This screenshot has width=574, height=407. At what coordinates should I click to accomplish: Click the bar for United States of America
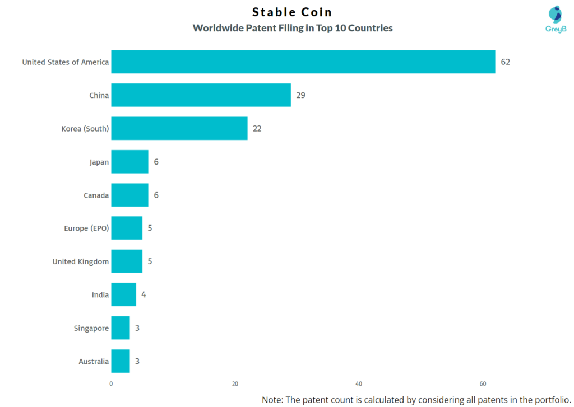(x=303, y=62)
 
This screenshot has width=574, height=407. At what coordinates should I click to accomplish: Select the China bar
(x=201, y=95)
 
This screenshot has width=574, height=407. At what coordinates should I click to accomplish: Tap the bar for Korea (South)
(x=179, y=128)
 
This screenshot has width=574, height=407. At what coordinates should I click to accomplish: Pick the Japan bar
(x=129, y=162)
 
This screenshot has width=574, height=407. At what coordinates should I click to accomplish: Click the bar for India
(x=123, y=294)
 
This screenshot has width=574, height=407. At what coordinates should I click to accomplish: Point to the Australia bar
(x=120, y=361)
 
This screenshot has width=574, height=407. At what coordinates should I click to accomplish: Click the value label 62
(x=505, y=62)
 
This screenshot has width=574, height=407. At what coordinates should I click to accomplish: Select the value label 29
(x=300, y=95)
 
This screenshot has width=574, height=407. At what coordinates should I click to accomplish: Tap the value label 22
(x=257, y=128)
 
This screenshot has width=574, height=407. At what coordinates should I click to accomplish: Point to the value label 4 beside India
(x=143, y=294)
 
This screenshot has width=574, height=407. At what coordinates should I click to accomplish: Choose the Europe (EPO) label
(x=86, y=228)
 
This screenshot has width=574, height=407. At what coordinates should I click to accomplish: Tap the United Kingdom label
(x=81, y=261)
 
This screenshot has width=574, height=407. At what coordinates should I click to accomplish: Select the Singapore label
(x=91, y=328)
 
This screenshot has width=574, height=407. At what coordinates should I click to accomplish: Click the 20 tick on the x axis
(x=235, y=383)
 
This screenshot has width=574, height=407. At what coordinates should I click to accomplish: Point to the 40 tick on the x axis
(x=359, y=383)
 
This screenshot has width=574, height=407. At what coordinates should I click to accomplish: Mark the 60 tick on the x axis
(x=483, y=383)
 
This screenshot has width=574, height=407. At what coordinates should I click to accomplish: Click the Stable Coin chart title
(x=292, y=12)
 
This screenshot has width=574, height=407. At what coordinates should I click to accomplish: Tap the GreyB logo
(x=556, y=20)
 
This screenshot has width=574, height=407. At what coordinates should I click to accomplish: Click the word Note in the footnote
(x=274, y=400)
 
